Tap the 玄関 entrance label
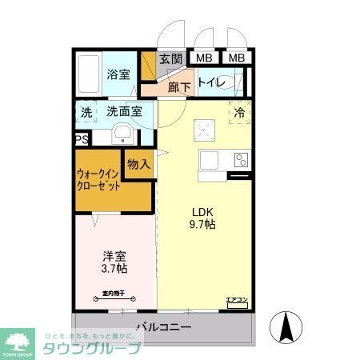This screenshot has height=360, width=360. (x=170, y=58)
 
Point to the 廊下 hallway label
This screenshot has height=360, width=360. (x=178, y=87)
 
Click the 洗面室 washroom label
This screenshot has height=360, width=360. (x=124, y=112)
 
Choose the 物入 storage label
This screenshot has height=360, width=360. (x=139, y=164)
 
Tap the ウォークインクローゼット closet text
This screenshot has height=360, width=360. (x=99, y=179)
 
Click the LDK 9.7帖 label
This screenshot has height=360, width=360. (x=202, y=218)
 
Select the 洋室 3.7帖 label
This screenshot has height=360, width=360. (x=114, y=263)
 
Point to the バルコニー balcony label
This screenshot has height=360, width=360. (x=163, y=326)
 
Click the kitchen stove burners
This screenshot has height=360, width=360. (x=240, y=159)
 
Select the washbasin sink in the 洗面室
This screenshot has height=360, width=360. (x=122, y=134)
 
